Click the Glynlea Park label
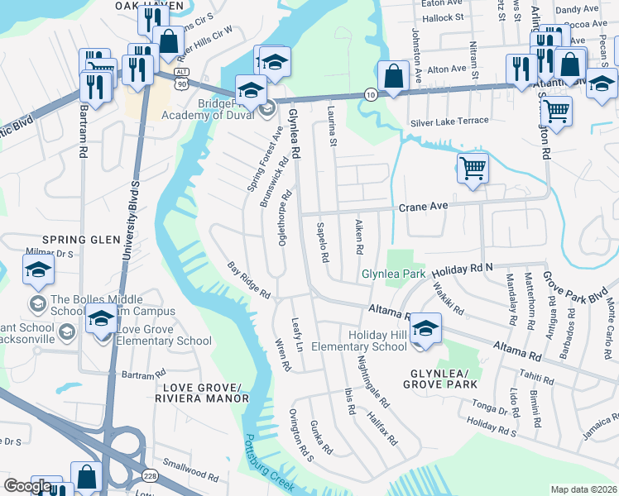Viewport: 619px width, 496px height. [393, 274]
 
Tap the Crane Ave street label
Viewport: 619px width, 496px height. [423, 207]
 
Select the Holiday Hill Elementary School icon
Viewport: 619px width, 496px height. [425, 327]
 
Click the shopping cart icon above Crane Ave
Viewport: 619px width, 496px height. [472, 168]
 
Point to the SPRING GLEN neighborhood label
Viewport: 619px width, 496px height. [76, 240]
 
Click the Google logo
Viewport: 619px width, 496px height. [27, 486]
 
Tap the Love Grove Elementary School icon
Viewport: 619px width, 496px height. [101, 319]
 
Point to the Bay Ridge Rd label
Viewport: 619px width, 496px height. [249, 281]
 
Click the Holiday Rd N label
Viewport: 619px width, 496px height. [462, 269]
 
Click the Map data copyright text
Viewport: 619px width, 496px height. [583, 489]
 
